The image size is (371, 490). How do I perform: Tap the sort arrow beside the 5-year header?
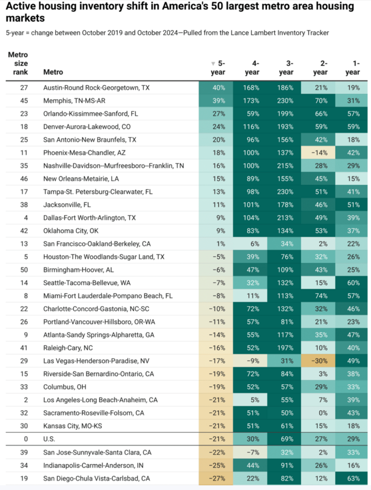pyautogui.click(x=213, y=64)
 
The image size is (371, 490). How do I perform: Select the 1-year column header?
pyautogui.click(x=352, y=68)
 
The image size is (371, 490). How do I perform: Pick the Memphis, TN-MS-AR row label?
pyautogui.click(x=74, y=100)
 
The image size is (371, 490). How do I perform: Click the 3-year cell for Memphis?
pyautogui.click(x=285, y=100)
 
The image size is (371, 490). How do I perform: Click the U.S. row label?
pyautogui.click(x=49, y=439)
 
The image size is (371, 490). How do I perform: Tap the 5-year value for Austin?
pyautogui.click(x=219, y=88)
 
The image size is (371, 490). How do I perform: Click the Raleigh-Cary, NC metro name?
pyautogui.click(x=68, y=348)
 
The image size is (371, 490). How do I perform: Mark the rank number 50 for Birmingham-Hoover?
pyautogui.click(x=24, y=270)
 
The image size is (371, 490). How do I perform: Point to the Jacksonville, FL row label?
pyautogui.click(x=67, y=205)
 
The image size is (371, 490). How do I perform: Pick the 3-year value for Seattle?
pyautogui.click(x=285, y=283)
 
